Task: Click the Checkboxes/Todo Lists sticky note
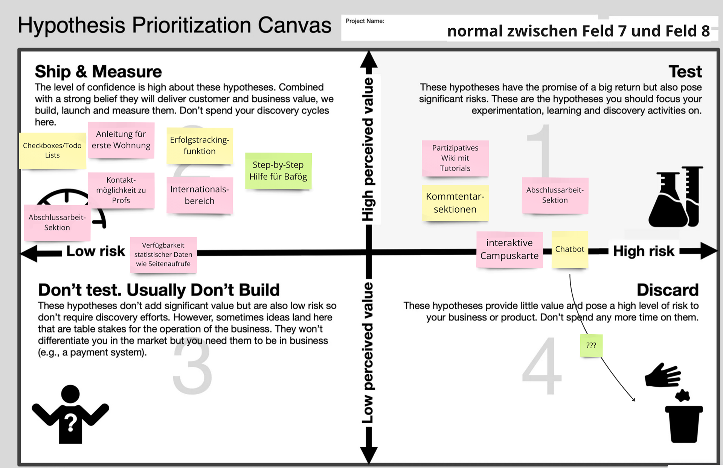tap(52, 151)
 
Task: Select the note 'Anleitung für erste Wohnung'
tap(121, 140)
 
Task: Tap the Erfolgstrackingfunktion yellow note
tap(200, 146)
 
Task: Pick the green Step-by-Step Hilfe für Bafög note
tap(278, 171)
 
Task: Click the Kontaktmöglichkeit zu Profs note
tap(121, 190)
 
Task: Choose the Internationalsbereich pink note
tap(200, 195)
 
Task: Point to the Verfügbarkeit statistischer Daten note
tap(163, 255)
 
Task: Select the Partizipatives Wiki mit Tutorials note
tap(455, 158)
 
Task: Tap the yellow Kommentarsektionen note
tap(455, 203)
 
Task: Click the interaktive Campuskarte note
tap(509, 249)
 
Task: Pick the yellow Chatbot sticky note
tap(570, 249)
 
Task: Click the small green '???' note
tap(591, 346)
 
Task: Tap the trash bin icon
tap(683, 423)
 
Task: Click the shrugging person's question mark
tap(70, 423)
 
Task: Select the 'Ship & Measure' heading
tap(98, 72)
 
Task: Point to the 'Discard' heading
tap(667, 290)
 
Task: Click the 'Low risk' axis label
tap(96, 251)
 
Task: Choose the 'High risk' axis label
tap(644, 251)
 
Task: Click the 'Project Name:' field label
tap(365, 21)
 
